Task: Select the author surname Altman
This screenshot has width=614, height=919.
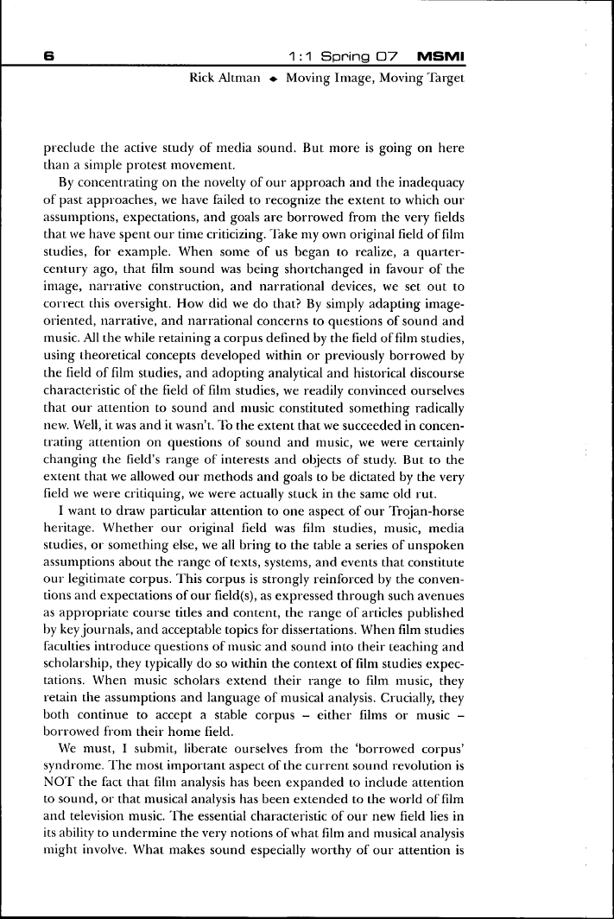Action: pos(244,79)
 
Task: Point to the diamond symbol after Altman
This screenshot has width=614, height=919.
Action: pos(273,79)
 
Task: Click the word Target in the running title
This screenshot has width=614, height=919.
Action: pos(446,79)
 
